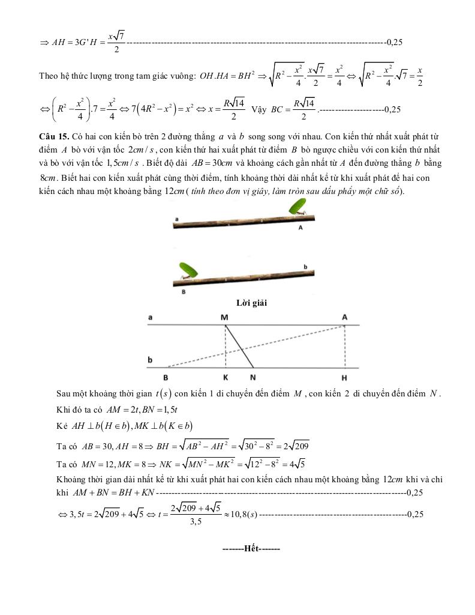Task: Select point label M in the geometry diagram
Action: [224, 317]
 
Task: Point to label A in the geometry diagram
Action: [345, 317]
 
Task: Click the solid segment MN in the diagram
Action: [239, 347]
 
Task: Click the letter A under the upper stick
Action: [300, 228]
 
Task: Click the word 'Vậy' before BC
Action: [259, 109]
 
